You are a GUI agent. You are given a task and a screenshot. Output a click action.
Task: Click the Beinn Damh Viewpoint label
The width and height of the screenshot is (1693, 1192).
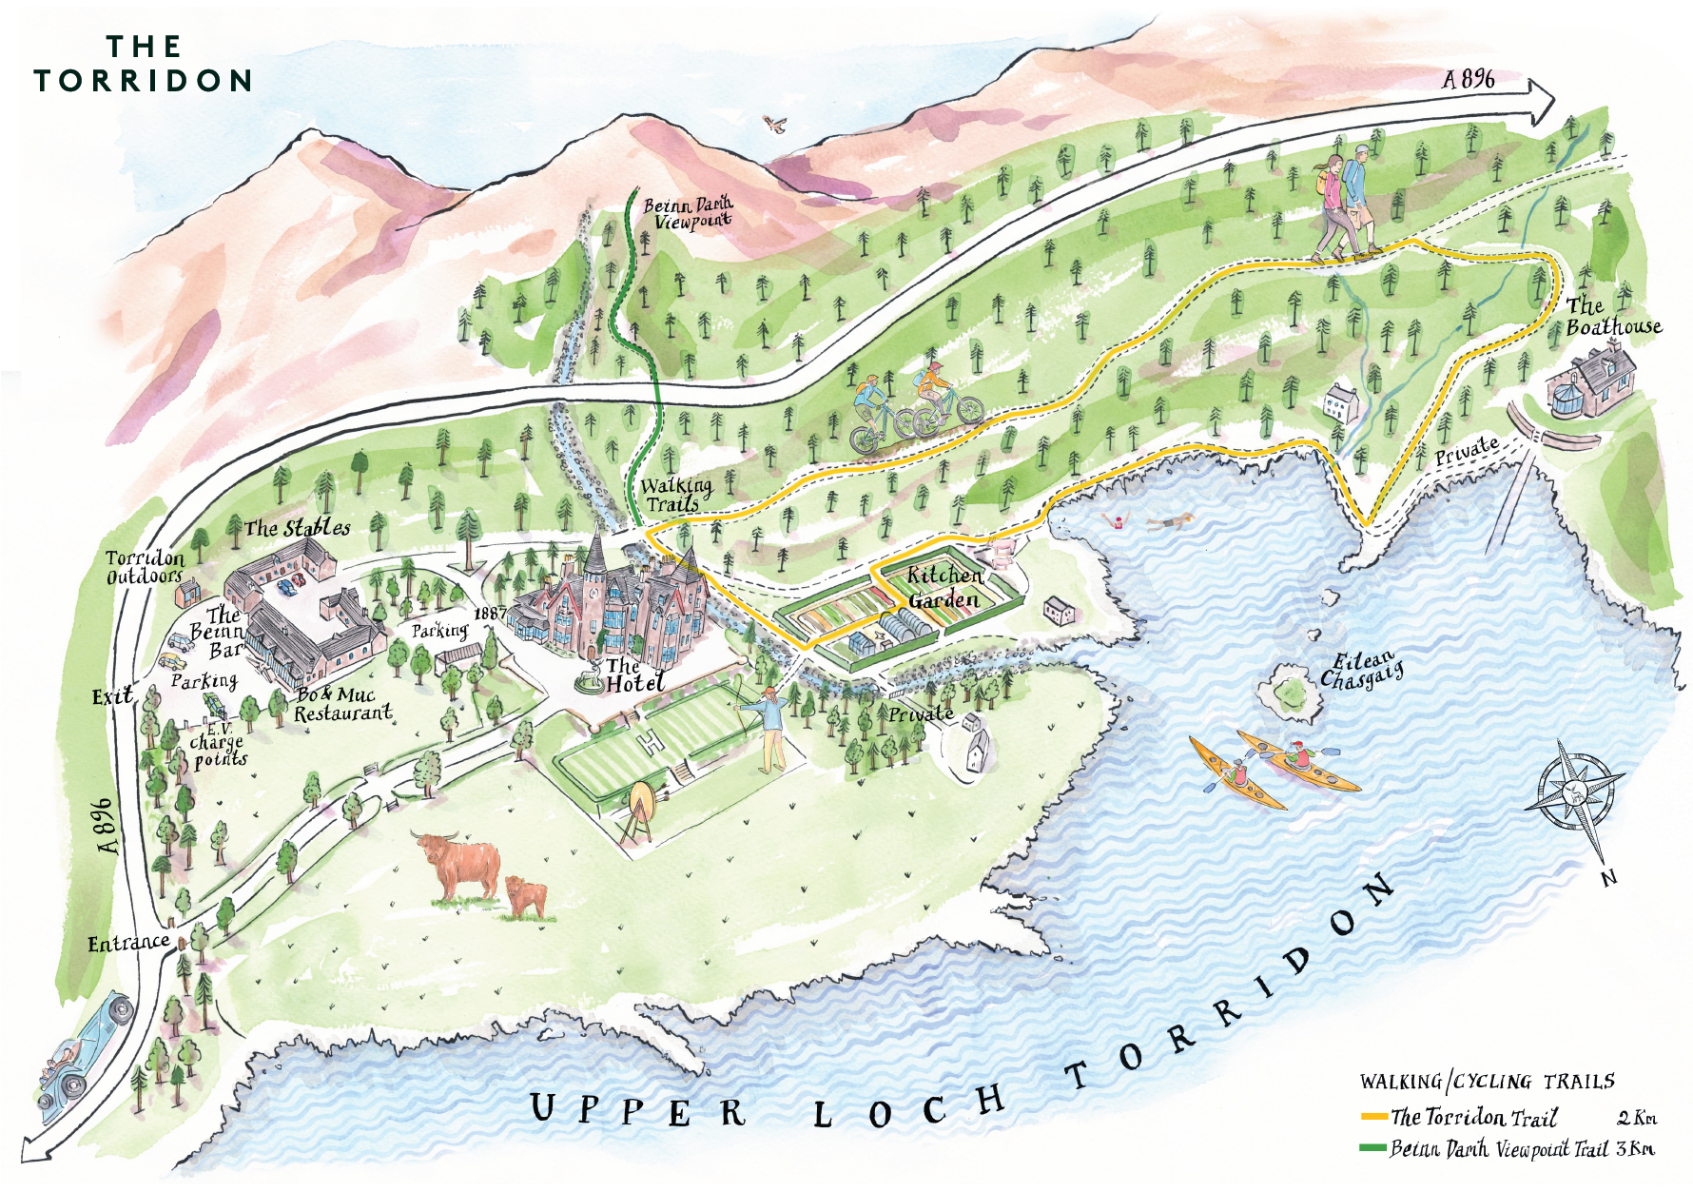pos(688,212)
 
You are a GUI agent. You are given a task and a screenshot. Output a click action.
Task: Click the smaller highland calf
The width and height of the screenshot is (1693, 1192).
pos(526,897)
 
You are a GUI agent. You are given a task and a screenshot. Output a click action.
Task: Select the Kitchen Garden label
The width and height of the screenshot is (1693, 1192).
pos(943,587)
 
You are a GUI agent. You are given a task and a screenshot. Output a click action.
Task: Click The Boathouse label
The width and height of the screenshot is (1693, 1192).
pos(1612,317)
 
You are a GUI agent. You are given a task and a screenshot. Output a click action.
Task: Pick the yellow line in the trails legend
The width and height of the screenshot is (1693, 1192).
pos(1373,1117)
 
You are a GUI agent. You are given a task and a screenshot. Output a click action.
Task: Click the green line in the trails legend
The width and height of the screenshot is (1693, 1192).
pos(1373,1148)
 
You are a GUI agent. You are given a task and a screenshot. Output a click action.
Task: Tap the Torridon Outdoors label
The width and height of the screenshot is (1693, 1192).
pos(145,567)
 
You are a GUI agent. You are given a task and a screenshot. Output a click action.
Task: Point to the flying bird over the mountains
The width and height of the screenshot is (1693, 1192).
pos(775,124)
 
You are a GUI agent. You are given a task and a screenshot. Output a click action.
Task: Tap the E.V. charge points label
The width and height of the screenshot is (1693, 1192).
pos(219,742)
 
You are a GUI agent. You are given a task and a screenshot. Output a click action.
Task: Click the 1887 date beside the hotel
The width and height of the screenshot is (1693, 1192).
pos(490,614)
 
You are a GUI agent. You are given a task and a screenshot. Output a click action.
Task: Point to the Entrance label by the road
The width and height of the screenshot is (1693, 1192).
pos(127,943)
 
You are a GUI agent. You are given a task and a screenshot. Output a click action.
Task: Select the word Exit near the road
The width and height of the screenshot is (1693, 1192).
pos(112,696)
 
